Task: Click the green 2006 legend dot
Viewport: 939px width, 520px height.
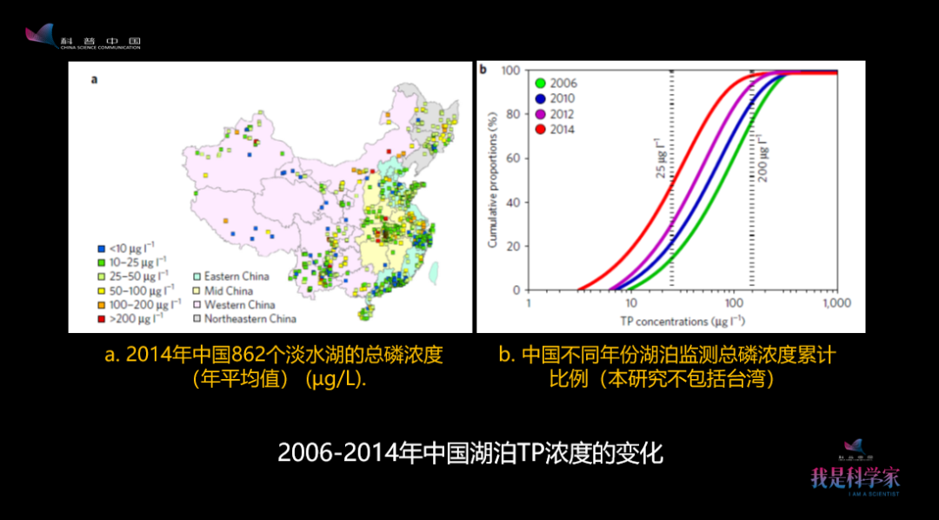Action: click(x=540, y=83)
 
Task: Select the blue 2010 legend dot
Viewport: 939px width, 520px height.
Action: click(x=540, y=99)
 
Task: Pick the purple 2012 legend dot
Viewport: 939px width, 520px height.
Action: click(x=540, y=115)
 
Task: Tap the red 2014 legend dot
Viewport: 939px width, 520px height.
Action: click(x=540, y=130)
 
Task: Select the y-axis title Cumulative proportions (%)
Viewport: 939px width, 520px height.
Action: click(x=492, y=180)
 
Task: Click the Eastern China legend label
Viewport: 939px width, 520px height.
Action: click(x=236, y=277)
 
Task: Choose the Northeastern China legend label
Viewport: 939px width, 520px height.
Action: click(x=250, y=318)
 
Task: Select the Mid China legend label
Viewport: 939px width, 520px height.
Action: click(x=229, y=290)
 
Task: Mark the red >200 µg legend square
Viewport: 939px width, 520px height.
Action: click(x=101, y=318)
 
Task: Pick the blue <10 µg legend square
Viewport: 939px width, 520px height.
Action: click(x=101, y=248)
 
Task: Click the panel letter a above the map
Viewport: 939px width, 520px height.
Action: click(x=94, y=80)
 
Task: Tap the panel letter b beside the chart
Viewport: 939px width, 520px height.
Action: click(x=483, y=69)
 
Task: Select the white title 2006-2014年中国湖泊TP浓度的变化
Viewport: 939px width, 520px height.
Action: click(x=469, y=453)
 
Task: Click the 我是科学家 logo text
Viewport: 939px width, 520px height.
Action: click(x=855, y=477)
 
